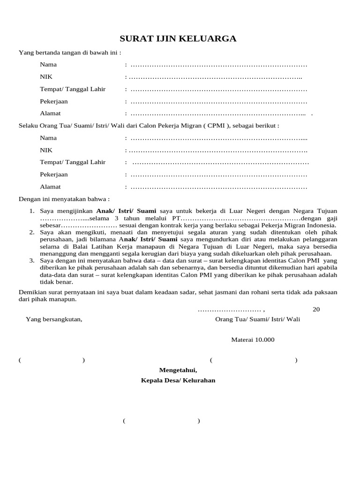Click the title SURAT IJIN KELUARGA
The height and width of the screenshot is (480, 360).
click(x=178, y=38)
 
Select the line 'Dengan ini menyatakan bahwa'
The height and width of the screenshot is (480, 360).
click(x=64, y=199)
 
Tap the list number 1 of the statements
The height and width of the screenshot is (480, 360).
click(x=31, y=211)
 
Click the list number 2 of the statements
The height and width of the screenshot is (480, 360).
click(x=31, y=232)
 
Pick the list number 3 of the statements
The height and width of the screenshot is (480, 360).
click(x=31, y=261)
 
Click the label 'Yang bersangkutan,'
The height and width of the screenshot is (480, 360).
click(x=54, y=319)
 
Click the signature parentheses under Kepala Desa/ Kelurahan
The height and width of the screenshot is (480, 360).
click(x=161, y=421)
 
